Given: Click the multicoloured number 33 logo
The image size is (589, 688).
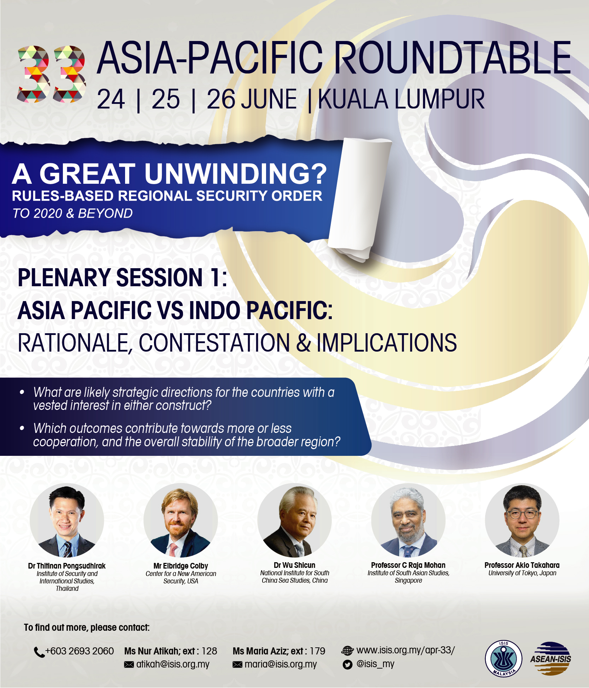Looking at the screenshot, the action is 52,74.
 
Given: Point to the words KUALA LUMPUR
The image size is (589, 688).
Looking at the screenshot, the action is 401,99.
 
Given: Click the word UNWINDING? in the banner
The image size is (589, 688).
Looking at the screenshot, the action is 236,174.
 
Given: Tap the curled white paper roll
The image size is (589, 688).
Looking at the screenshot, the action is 359,198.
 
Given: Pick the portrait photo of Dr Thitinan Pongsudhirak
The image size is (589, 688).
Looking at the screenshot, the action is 67,520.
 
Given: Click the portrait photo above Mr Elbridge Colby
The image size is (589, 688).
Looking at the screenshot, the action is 181,520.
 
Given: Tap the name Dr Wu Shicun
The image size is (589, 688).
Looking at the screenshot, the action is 294,565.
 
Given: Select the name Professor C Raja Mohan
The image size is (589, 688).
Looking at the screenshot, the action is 408,565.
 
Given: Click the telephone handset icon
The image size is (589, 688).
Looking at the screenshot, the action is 39,652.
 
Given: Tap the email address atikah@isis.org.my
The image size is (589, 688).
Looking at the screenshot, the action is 173,664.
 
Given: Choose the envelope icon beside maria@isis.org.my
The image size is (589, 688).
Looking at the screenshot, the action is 237,665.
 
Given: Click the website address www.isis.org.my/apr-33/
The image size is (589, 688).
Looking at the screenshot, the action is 406,650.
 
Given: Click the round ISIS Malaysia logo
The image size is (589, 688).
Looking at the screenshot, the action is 503,659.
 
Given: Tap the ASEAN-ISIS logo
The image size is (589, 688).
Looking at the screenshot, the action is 551,659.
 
